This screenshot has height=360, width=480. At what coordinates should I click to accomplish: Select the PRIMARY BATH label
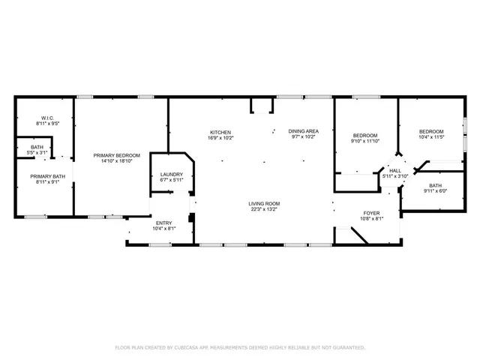coord(44,175)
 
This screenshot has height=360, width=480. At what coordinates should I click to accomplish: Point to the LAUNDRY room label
coord(172,174)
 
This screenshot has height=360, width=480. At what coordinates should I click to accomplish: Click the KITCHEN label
coord(220,132)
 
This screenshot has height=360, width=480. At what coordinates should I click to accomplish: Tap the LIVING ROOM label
coord(264,203)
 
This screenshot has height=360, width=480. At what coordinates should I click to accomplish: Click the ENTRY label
coord(163,223)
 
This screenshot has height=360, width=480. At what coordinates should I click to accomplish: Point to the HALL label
coord(395,170)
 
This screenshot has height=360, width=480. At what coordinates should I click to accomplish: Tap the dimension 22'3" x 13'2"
coord(264,209)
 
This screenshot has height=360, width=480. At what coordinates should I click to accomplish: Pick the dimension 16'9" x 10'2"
coord(220,138)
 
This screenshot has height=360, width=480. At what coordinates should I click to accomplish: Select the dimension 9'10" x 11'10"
coord(366,141)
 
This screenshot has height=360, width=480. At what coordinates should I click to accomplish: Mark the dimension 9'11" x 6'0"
coord(435,190)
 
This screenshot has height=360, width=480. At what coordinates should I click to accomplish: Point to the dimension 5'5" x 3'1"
coord(37,152)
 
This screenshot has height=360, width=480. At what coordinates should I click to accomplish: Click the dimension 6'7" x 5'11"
coord(172,180)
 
